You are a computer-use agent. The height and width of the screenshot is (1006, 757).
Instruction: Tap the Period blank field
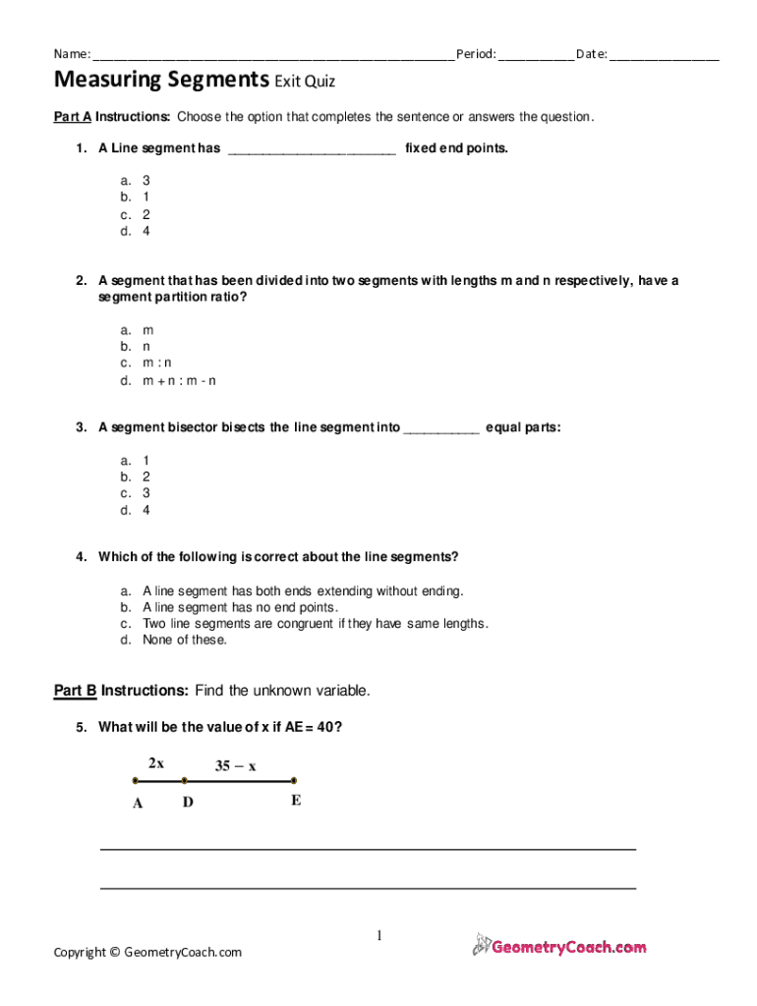point(536,55)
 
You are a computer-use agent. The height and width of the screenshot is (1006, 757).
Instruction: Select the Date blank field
point(665,55)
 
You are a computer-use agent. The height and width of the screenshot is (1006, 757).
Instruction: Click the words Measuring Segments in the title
point(161,80)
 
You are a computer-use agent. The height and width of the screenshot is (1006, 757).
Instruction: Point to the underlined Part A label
point(73,117)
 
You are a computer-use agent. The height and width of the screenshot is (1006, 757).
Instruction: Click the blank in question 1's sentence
point(312,149)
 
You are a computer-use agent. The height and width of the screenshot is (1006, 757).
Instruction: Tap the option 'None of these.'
point(185,640)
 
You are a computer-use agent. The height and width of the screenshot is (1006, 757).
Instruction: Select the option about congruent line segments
point(315,623)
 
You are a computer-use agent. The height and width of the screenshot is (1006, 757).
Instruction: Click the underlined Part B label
point(75,691)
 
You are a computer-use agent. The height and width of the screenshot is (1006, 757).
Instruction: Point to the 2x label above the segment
point(156,761)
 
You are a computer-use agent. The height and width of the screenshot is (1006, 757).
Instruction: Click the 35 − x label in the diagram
point(236,766)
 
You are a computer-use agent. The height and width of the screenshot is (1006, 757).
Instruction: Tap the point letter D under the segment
point(188,803)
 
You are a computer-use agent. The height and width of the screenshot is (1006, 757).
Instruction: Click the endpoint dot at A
point(136,781)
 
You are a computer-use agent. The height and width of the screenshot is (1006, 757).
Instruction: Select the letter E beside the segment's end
point(296,801)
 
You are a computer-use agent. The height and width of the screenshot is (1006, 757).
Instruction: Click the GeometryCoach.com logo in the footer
point(559,946)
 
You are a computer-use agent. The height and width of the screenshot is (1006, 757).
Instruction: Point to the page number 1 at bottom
point(378,935)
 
